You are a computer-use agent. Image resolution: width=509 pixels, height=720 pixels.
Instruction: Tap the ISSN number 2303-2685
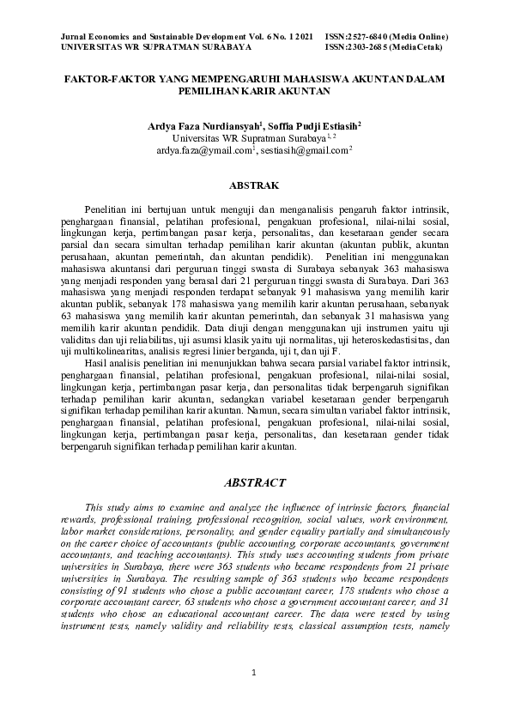(367, 48)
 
